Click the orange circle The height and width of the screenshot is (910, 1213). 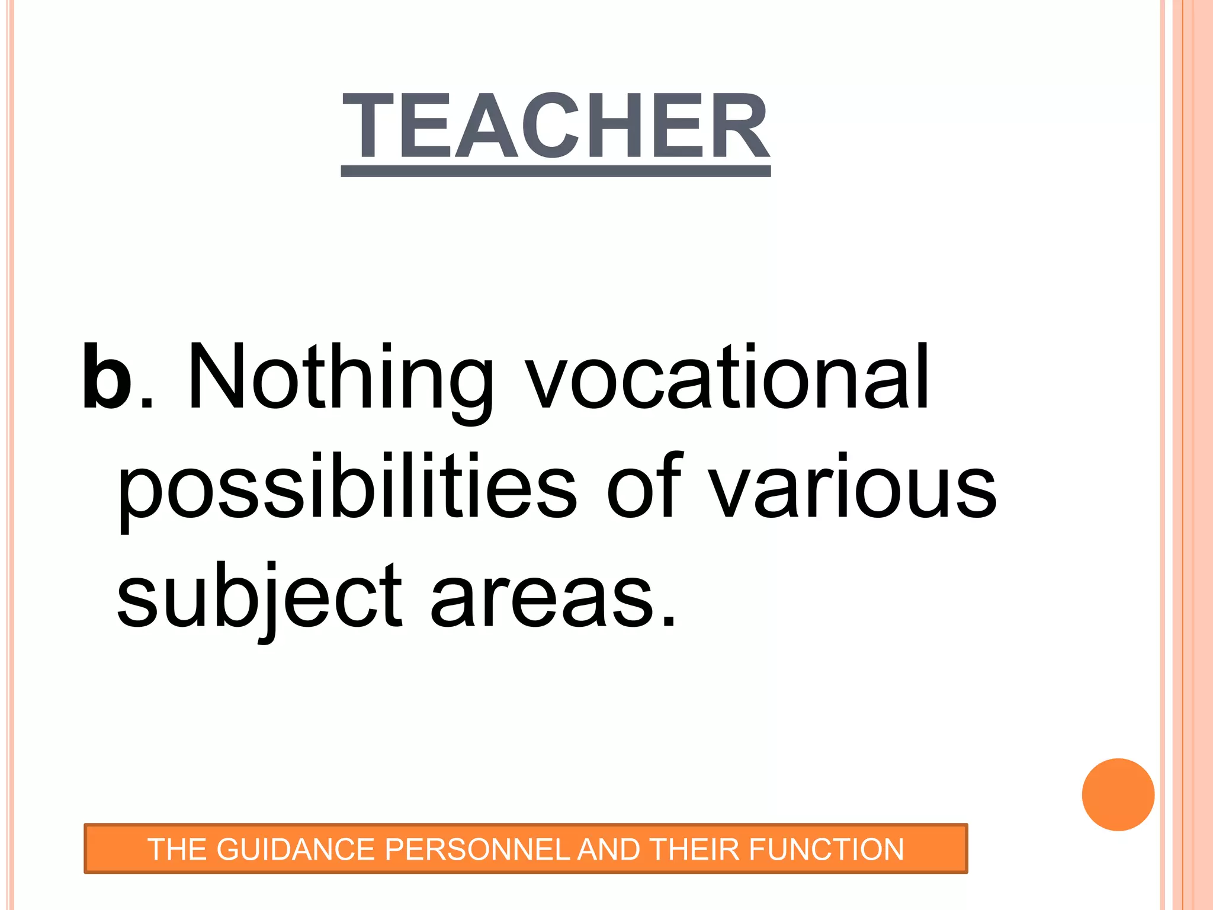point(1118,794)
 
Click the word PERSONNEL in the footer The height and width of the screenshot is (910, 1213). point(477,850)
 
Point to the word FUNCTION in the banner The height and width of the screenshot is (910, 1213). point(826,850)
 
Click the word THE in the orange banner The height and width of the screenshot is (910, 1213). point(177,850)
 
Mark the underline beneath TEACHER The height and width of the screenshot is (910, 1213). point(556,172)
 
